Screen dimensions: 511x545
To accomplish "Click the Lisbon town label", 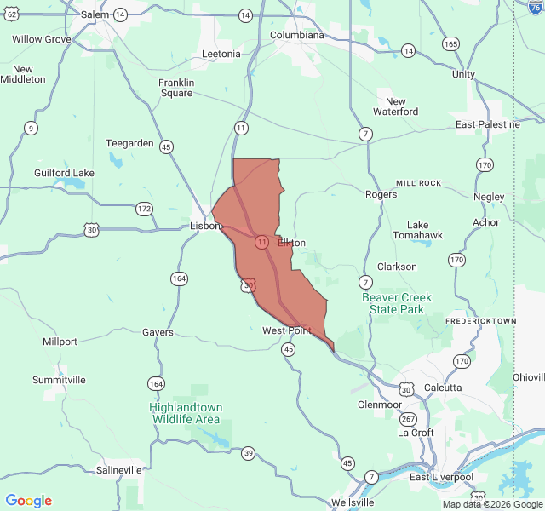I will [205, 227].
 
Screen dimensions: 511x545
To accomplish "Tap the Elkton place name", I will [291, 243].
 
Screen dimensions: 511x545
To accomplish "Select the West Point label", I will [286, 330].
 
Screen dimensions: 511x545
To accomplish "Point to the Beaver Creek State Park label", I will [397, 303].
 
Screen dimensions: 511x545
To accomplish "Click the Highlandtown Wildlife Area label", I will [185, 413].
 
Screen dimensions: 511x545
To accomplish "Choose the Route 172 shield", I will [144, 209].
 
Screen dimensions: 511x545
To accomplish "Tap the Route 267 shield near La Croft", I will [409, 418].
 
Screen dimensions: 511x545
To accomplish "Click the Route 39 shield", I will [247, 452].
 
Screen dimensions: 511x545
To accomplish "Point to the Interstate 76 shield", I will [535, 5].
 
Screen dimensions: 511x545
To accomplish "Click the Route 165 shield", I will [450, 43].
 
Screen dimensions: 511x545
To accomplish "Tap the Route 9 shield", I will [31, 129].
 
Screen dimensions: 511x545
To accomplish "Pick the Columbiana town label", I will [297, 35].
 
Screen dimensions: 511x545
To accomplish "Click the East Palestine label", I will [487, 124].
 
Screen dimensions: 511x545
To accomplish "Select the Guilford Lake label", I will [64, 173].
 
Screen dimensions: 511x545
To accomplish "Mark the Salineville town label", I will [119, 470].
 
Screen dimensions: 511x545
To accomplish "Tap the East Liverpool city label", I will [441, 477].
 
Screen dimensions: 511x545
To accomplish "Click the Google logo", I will [28, 501].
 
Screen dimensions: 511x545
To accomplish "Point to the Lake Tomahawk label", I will [417, 230].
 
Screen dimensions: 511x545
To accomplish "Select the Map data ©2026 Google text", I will [491, 504].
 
